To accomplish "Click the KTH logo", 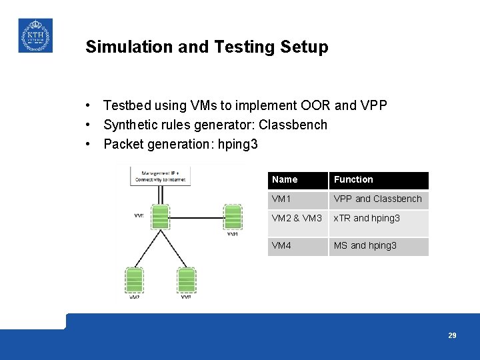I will click(35, 35).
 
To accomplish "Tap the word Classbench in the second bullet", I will click(293, 125).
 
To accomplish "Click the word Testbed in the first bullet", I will click(128, 105).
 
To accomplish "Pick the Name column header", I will click(285, 179).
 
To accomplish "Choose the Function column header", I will click(353, 179).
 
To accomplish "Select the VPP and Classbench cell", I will click(377, 199).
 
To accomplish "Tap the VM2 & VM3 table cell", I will click(297, 218).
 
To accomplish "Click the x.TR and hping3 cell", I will click(367, 218).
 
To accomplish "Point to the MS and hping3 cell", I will click(365, 245).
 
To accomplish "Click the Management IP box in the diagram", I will click(161, 175).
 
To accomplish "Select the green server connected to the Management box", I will click(160, 217).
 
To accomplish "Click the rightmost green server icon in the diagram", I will click(233, 217).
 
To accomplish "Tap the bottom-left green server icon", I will click(134, 280).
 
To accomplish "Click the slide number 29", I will click(452, 335).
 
